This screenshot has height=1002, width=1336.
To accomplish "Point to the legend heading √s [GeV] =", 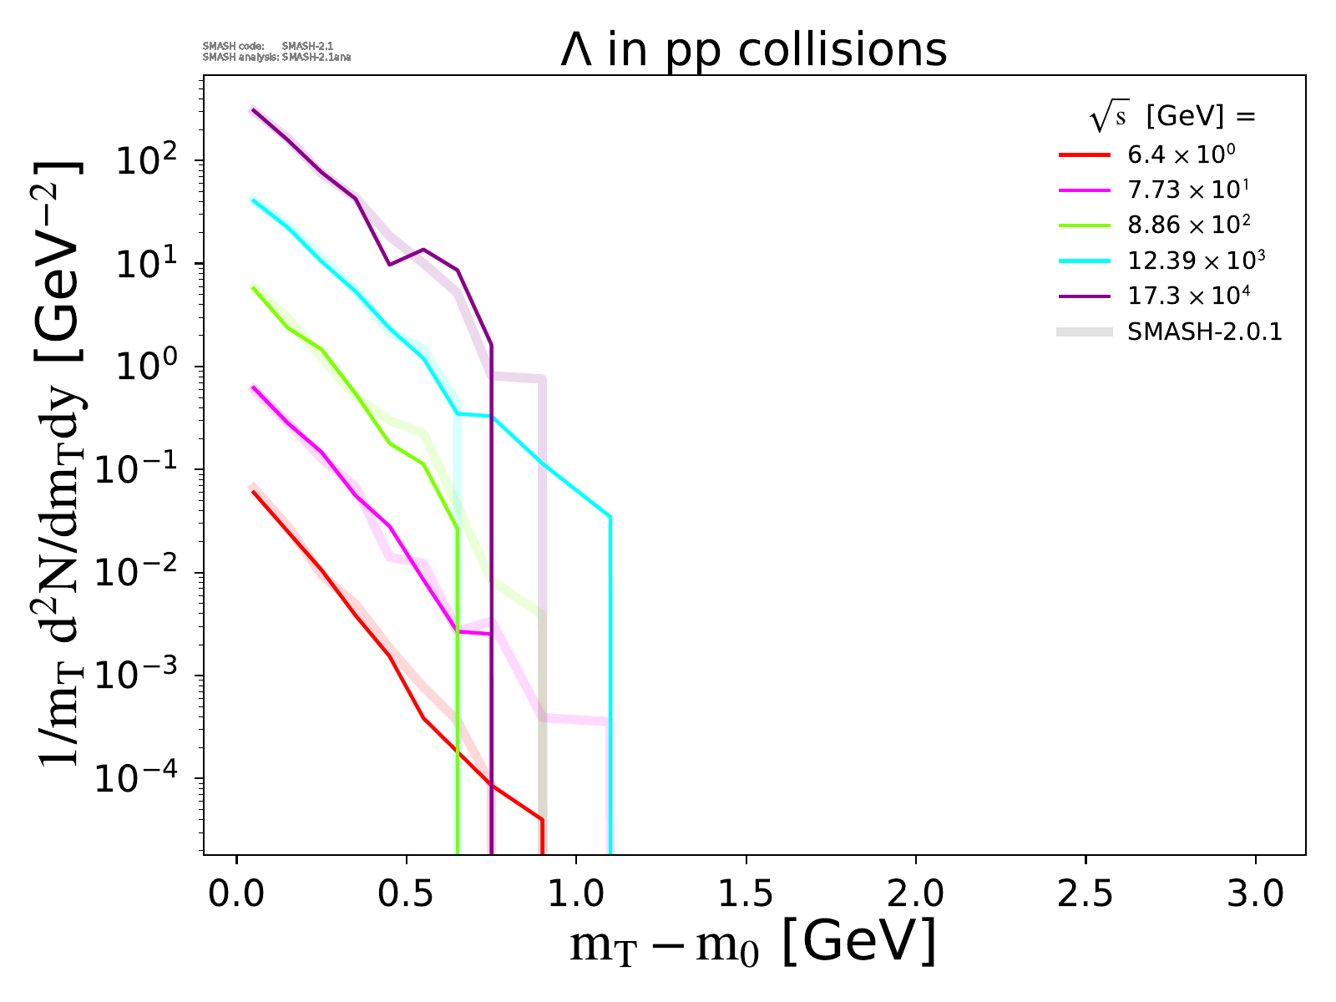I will pos(1172,118).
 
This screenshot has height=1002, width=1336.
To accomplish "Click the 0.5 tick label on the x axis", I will pos(407,894).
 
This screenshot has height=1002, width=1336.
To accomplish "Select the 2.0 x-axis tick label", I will pos(916,894).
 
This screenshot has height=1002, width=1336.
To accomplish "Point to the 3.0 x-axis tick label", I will pos(1255,894).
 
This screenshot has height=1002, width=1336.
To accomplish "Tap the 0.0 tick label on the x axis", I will pos(237,894).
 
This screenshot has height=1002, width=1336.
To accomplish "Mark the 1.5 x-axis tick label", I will pos(746,894).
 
